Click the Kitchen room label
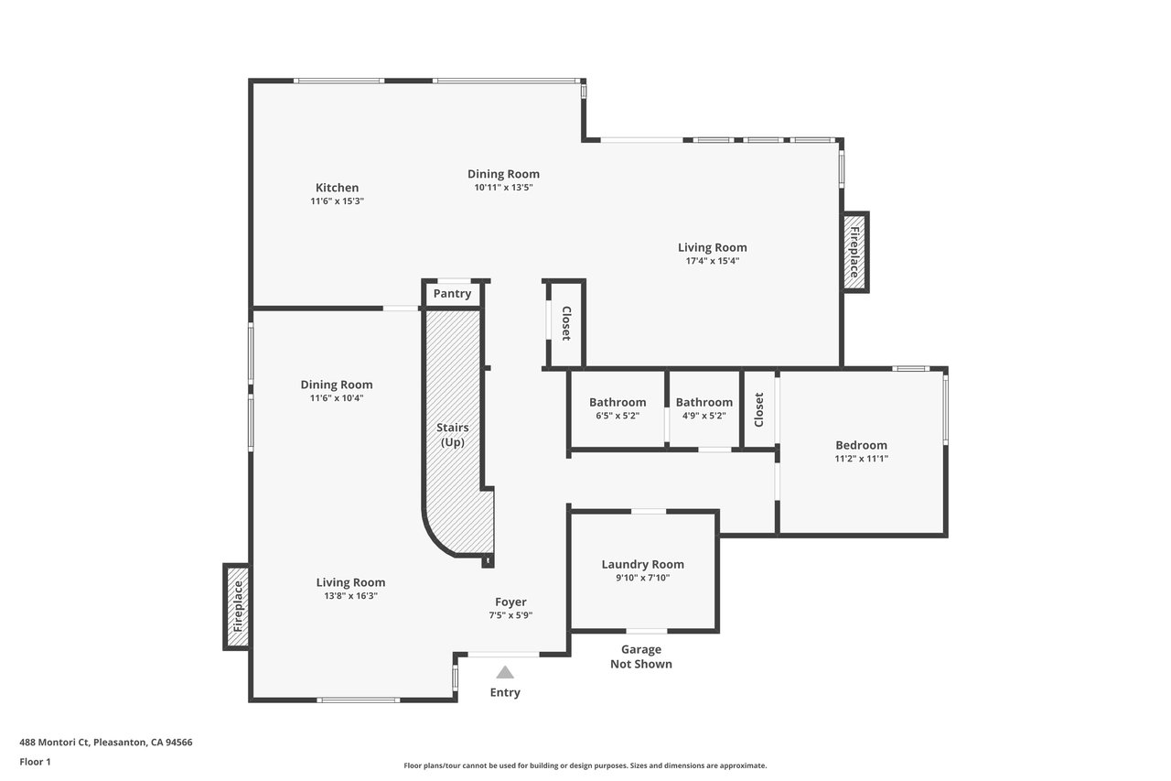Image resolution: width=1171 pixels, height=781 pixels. tap(338, 188)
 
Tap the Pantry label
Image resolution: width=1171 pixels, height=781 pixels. tap(452, 294)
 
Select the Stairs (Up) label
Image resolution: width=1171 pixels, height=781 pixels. tap(453, 435)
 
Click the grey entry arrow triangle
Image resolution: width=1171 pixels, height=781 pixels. tap(504, 672)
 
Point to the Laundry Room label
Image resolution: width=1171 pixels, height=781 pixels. tap(642, 564)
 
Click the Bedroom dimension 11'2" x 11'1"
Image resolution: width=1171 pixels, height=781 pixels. tap(861, 459)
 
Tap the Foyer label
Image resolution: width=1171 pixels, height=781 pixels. tap(510, 602)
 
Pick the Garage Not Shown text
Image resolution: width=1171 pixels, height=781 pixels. tap(641, 656)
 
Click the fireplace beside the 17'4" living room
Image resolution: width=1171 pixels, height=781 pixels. tap(854, 252)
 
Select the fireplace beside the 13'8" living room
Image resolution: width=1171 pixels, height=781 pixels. tap(237, 607)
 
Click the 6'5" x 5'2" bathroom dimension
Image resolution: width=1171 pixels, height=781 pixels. tap(618, 416)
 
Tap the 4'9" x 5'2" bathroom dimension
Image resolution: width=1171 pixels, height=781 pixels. tap(704, 416)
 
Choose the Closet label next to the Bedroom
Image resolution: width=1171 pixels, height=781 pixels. tap(759, 409)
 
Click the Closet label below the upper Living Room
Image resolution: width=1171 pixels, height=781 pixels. tap(566, 323)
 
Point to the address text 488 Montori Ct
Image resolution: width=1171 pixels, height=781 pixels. tap(55, 743)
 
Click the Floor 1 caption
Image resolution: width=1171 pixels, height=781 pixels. tap(35, 762)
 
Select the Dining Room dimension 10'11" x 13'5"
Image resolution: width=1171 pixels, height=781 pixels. tap(503, 188)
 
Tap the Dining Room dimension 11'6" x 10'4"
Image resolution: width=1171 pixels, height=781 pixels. tap(337, 398)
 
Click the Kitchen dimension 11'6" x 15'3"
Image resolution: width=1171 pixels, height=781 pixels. tap(338, 201)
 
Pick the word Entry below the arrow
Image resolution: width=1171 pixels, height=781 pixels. tap(505, 692)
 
